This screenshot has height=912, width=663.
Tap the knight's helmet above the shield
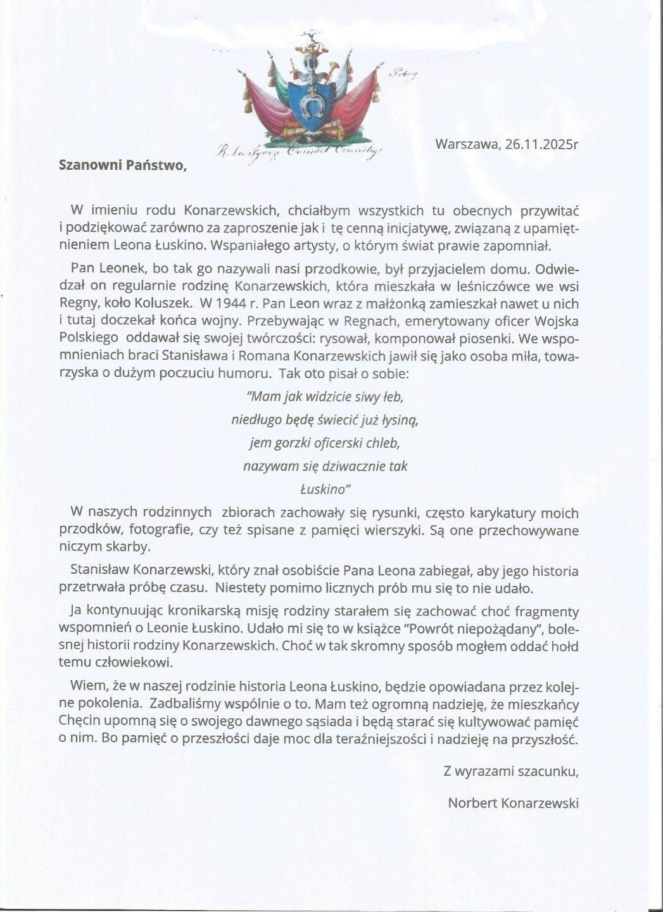(310, 65)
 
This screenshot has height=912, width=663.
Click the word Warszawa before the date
(467, 144)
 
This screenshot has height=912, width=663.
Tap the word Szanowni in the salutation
(89, 165)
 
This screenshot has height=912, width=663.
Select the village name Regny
(76, 304)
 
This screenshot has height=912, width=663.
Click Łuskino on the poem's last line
(324, 489)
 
